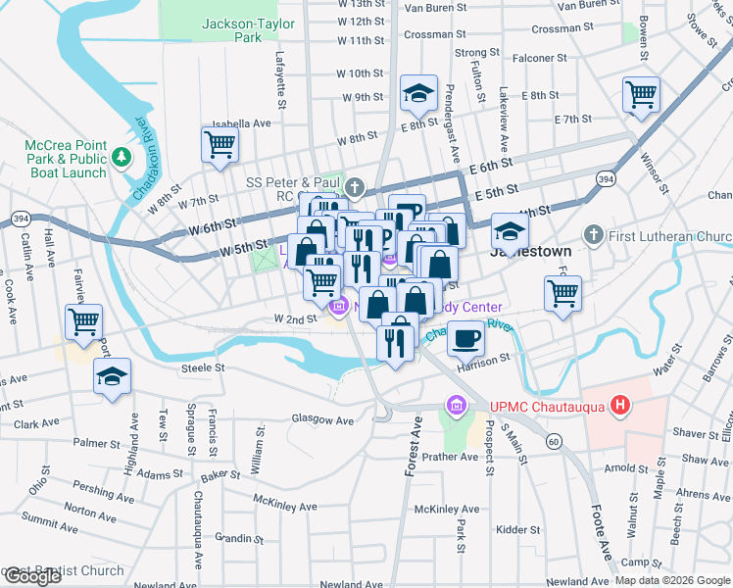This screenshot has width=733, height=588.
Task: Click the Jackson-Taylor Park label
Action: tap(233, 29)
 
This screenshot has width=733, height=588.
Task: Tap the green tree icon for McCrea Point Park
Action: tap(122, 156)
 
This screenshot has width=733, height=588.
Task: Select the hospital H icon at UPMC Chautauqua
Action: tap(619, 404)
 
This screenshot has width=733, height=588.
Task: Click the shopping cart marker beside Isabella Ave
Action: tap(220, 144)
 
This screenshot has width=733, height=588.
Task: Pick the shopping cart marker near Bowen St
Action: tap(641, 95)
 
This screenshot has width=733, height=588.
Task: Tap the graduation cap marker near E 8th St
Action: tap(418, 94)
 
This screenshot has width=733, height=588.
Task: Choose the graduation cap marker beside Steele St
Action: tap(113, 376)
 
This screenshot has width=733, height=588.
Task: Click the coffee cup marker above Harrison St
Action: tap(466, 338)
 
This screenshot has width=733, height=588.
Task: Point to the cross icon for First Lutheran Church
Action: tap(592, 235)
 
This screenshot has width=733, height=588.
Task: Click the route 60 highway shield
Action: tap(555, 442)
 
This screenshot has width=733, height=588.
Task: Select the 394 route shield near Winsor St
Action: tap(607, 179)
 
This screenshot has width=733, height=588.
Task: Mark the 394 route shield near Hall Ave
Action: tap(20, 217)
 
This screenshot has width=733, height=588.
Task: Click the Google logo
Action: tap(31, 577)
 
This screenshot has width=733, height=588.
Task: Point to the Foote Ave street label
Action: tap(603, 533)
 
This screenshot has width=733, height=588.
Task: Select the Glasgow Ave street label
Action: tap(321, 419)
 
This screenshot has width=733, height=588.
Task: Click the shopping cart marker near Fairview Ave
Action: tap(84, 319)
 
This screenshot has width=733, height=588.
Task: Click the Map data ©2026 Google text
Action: tap(671, 580)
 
